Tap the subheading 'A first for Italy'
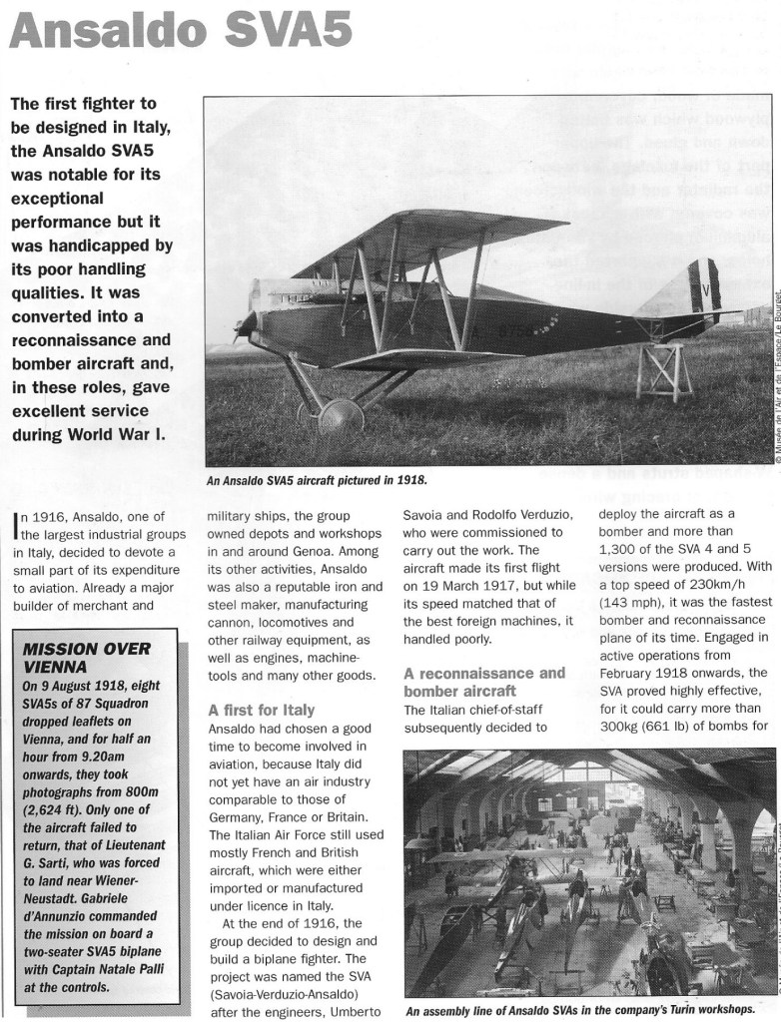[x=261, y=711]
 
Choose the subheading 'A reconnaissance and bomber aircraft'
[x=484, y=682]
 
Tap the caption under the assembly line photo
[x=586, y=1008]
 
